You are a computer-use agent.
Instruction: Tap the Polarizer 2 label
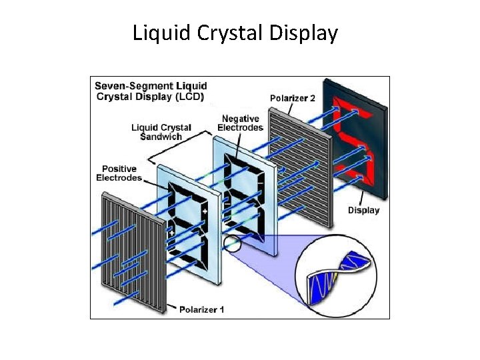[293, 98]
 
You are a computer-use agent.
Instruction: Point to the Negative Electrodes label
[241, 123]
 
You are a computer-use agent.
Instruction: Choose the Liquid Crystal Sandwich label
[161, 132]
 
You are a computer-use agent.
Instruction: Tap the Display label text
[363, 210]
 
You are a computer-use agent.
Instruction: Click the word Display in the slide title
[303, 33]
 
